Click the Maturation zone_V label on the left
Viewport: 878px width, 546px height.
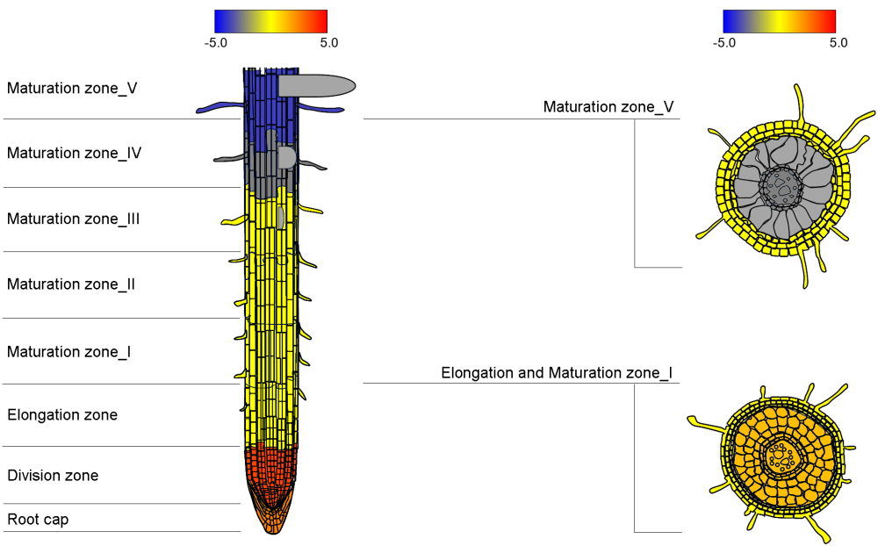[72, 88]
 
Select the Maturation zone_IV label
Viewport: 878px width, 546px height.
[74, 153]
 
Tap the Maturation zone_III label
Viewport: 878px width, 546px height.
[73, 219]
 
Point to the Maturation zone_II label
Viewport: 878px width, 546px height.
[70, 284]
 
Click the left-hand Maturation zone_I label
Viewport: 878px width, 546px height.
[68, 352]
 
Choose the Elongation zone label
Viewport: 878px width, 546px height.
[61, 415]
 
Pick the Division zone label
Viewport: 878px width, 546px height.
[53, 476]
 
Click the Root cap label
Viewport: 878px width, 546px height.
[38, 520]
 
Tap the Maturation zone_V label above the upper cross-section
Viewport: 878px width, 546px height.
[608, 107]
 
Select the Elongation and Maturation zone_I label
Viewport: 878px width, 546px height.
[557, 373]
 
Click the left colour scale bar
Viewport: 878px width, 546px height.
[270, 21]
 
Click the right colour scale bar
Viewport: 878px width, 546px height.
[779, 21]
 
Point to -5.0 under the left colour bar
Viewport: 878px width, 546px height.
[216, 42]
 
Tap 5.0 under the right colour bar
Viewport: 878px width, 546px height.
[838, 42]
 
